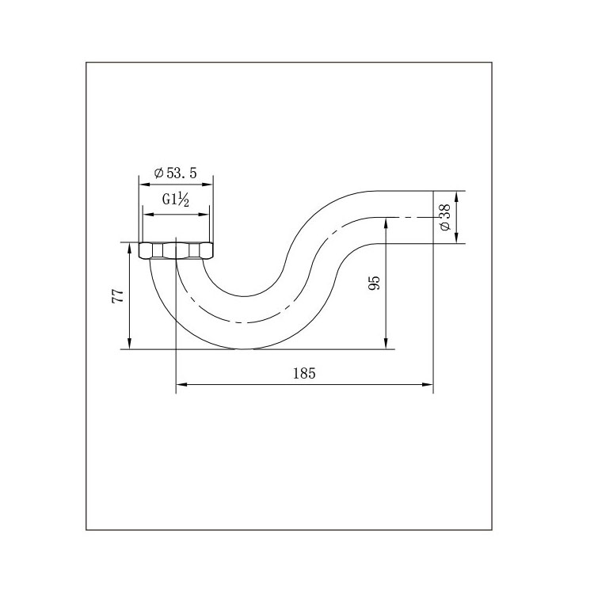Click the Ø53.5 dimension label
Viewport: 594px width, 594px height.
(x=175, y=173)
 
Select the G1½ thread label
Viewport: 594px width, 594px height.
(x=175, y=200)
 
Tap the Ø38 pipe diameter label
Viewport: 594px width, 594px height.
(x=445, y=217)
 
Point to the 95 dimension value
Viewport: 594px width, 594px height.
(x=374, y=283)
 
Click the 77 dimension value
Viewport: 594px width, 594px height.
(x=118, y=295)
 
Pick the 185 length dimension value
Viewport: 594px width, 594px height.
(x=304, y=374)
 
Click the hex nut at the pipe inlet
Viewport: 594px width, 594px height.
(x=176, y=251)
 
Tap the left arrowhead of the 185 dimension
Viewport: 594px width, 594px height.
(x=182, y=384)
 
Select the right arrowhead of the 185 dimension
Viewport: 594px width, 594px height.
(x=428, y=384)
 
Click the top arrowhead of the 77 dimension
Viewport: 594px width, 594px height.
(x=130, y=249)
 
